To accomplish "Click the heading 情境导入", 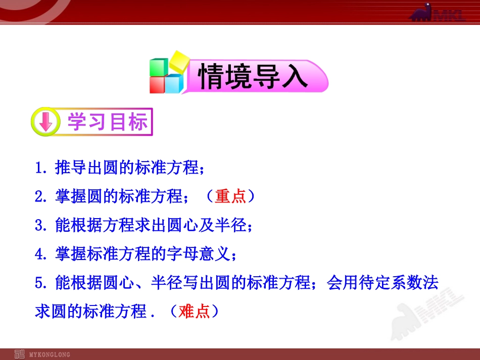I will (x=253, y=77).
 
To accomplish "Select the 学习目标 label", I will (x=108, y=122).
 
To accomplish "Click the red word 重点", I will (x=230, y=196).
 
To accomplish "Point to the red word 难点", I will (x=194, y=312).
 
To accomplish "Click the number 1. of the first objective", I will (x=41, y=168).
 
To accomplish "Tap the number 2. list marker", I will (x=41, y=197).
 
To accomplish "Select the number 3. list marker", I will (x=41, y=226).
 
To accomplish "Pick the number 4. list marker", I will (x=41, y=254).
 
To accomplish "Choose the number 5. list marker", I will (x=41, y=283).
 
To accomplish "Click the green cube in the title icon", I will (x=159, y=69).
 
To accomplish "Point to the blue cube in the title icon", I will (x=174, y=84).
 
